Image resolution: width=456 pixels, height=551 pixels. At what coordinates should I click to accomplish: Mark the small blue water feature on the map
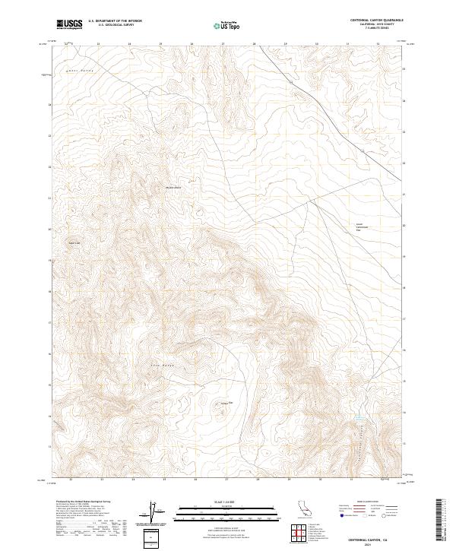point(359,419)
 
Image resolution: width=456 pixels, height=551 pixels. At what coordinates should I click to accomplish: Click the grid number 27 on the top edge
point(223,44)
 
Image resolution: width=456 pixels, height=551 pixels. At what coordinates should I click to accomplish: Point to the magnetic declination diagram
point(152,513)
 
